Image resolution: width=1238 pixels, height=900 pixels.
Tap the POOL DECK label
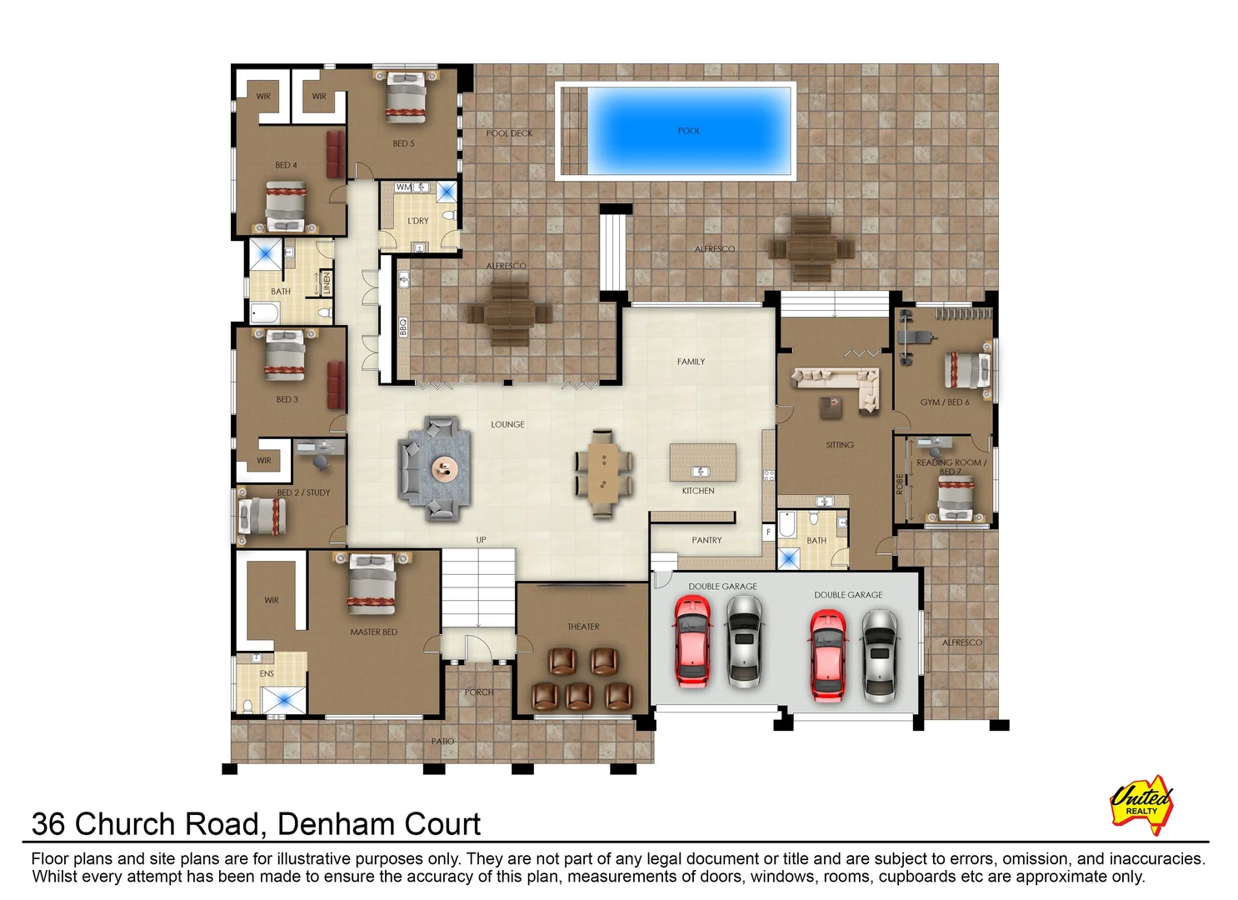pyautogui.click(x=509, y=133)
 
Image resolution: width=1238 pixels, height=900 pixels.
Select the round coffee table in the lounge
pyautogui.click(x=445, y=469)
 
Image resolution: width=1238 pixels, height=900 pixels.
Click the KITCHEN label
pyautogui.click(x=698, y=491)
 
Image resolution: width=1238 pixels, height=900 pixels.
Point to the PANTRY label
pyautogui.click(x=706, y=540)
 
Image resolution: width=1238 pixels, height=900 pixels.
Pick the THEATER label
pyautogui.click(x=583, y=627)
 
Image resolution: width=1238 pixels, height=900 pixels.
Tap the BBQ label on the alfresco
pyautogui.click(x=403, y=327)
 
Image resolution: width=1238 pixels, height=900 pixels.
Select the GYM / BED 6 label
pyautogui.click(x=944, y=402)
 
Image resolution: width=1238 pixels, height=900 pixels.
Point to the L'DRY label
pyautogui.click(x=418, y=221)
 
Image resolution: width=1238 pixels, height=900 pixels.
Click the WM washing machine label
pyautogui.click(x=403, y=187)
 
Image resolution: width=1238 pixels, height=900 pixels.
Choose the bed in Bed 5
pyautogui.click(x=406, y=96)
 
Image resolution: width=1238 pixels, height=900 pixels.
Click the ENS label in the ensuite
pyautogui.click(x=267, y=673)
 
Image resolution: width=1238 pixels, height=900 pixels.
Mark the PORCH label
pyautogui.click(x=479, y=692)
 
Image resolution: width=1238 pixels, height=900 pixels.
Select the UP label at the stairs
pyautogui.click(x=481, y=540)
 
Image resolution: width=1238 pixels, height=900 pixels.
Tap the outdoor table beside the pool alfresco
pyautogui.click(x=811, y=248)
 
